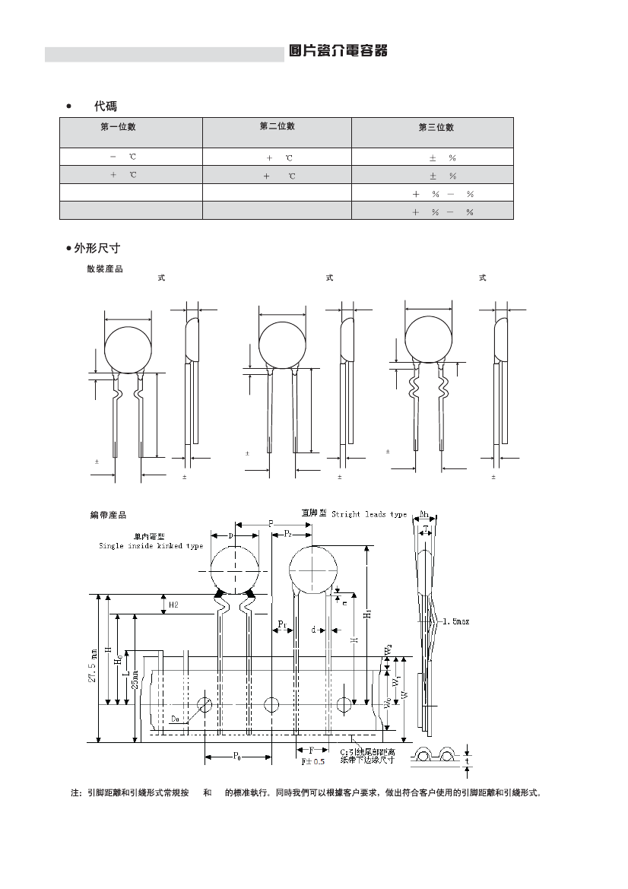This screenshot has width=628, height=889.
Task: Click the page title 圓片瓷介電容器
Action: coord(338,51)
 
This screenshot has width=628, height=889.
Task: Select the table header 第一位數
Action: coord(118,127)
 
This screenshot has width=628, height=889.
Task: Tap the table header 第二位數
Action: coord(277,126)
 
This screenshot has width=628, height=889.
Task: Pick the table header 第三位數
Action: coord(436,127)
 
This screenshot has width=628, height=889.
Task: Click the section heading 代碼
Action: coord(105,106)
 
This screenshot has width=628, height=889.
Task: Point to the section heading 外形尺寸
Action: coord(97,248)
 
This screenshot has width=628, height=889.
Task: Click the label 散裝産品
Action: coord(105,268)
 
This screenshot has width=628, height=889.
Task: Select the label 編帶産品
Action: coord(109,516)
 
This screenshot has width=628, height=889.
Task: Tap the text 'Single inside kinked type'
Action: coord(151,546)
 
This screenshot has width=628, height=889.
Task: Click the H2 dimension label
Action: coord(173,605)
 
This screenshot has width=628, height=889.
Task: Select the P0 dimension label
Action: coord(237,756)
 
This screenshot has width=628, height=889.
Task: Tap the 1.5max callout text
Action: coord(456,621)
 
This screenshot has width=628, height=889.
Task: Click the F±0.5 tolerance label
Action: coord(313,761)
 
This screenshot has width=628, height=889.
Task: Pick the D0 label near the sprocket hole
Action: coord(176,718)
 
